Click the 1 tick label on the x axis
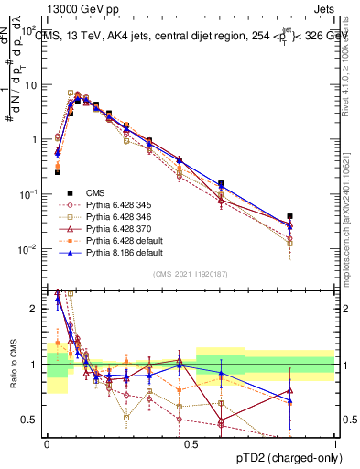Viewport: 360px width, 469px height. (x=334, y=444)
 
